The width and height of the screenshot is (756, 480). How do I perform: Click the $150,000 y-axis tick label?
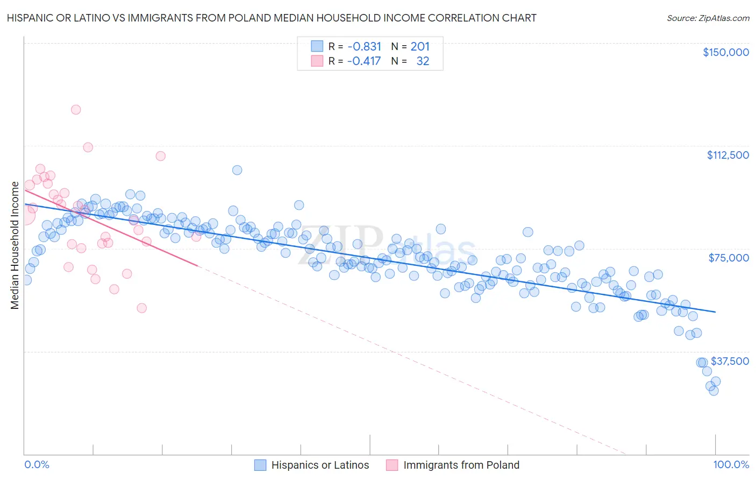[725, 52]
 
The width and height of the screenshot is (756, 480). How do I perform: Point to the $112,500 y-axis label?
[728, 155]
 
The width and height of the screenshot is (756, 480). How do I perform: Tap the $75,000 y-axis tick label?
[729, 258]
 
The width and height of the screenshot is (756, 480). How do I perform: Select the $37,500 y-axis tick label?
[730, 361]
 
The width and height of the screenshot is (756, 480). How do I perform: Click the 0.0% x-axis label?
[37, 464]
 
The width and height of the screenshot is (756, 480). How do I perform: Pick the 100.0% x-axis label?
[731, 464]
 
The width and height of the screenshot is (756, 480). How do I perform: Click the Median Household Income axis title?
[15, 245]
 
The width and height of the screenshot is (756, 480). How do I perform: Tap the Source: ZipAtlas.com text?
[708, 18]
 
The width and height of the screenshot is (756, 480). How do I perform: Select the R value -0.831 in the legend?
[364, 47]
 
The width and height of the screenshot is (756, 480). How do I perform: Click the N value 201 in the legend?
[420, 47]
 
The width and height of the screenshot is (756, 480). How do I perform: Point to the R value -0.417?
[364, 61]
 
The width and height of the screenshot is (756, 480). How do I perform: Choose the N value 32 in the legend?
[423, 61]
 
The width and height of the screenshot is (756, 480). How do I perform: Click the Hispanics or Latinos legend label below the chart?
[320, 465]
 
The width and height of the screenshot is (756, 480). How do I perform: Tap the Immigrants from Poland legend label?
[461, 465]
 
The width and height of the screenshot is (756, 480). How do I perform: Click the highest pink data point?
[76, 110]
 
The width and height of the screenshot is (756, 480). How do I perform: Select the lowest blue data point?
[714, 391]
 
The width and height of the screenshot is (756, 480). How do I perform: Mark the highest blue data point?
[237, 170]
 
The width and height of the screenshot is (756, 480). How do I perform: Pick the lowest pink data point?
[141, 308]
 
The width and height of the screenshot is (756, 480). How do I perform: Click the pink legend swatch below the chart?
[392, 465]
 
